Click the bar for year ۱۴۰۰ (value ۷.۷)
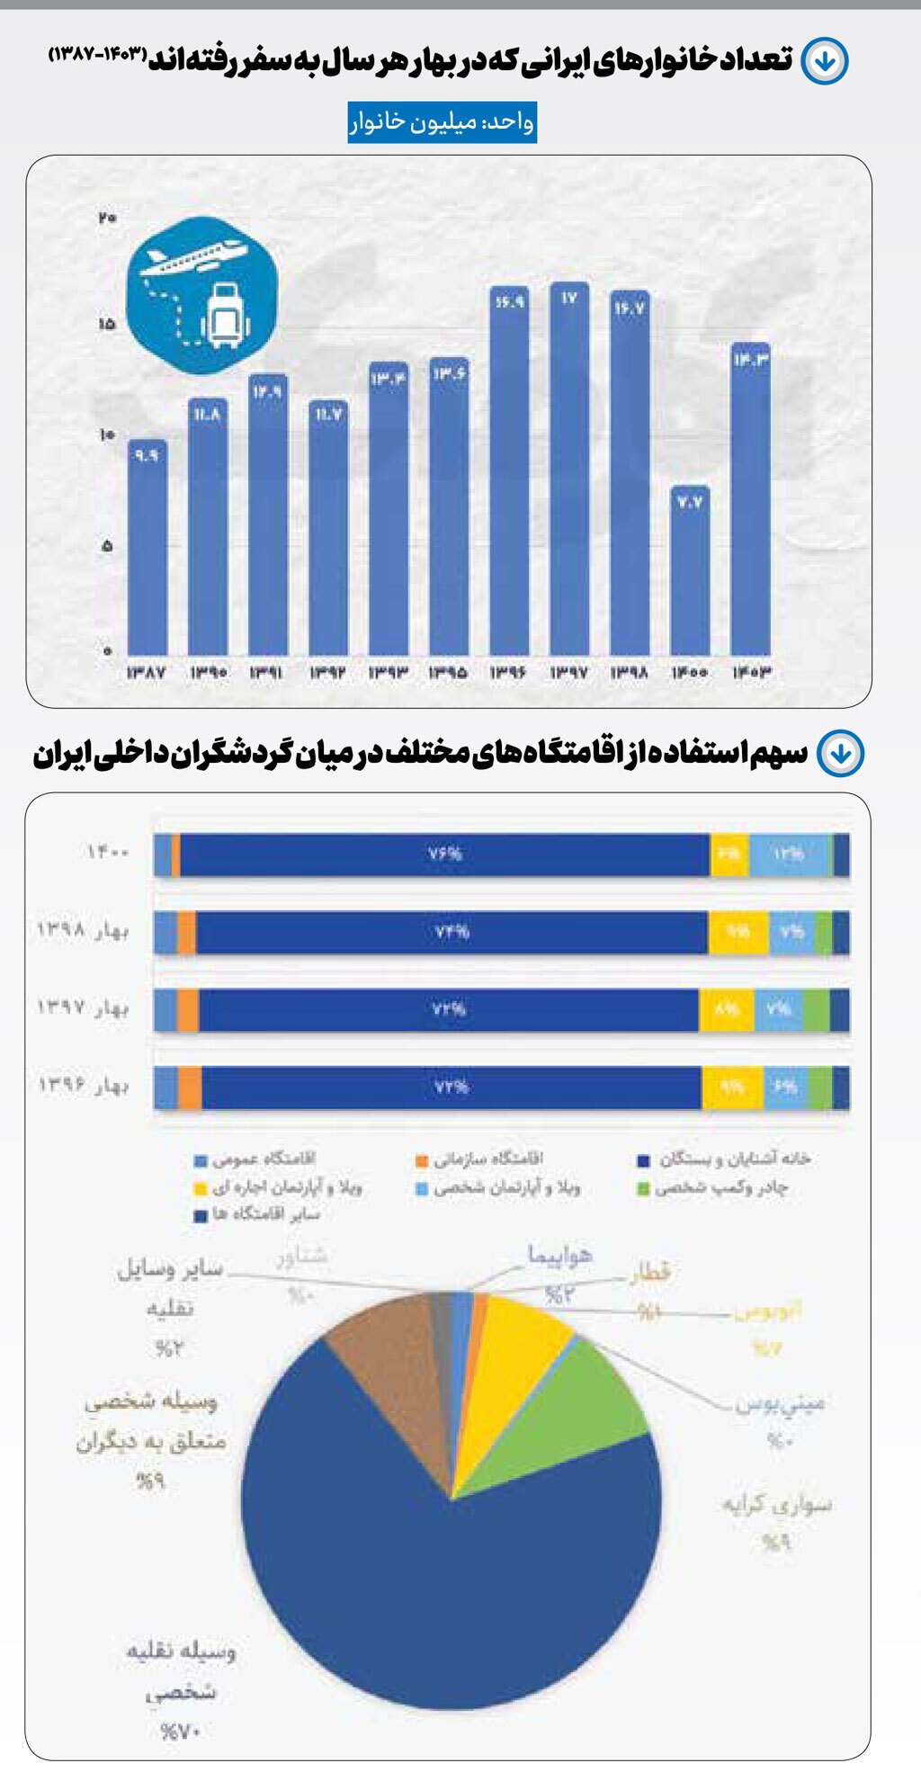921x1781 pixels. click(690, 576)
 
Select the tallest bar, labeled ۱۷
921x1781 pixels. click(569, 468)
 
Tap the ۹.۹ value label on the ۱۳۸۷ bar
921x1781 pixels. click(147, 456)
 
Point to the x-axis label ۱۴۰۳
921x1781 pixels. click(751, 672)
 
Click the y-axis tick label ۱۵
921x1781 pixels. click(107, 324)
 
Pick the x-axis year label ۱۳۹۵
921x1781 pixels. click(448, 672)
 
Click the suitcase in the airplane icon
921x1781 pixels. click(225, 315)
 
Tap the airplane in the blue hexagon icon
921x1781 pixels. click(193, 257)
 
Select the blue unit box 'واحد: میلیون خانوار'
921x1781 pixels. click(443, 121)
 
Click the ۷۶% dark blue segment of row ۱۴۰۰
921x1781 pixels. click(444, 854)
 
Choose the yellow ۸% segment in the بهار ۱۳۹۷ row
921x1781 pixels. click(727, 1009)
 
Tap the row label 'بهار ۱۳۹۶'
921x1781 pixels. click(83, 1086)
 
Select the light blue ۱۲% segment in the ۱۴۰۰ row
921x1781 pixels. click(789, 854)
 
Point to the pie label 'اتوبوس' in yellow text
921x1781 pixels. click(767, 1312)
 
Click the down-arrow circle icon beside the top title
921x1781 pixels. click(824, 61)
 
